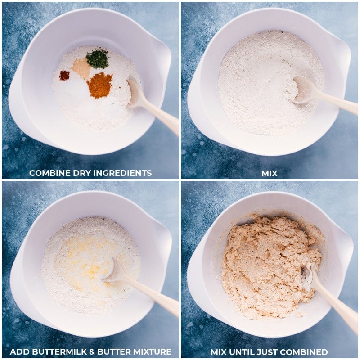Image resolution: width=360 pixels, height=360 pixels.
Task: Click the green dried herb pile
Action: click(97, 58)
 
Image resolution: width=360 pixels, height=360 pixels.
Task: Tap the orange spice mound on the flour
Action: click(99, 85)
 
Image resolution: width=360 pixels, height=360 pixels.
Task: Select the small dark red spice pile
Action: click(64, 75)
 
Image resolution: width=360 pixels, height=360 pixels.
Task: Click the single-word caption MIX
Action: click(270, 173)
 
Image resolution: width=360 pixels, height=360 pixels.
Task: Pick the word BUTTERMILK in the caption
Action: click(62, 351)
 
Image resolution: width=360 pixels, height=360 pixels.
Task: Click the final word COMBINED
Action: click(304, 352)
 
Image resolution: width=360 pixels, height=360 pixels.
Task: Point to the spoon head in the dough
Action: click(308, 276)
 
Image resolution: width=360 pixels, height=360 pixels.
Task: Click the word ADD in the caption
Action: click(19, 351)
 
